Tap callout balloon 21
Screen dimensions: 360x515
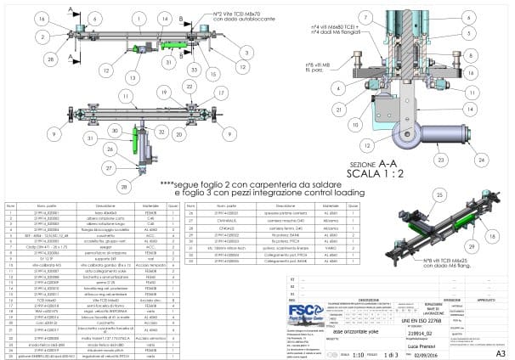click(341, 108)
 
